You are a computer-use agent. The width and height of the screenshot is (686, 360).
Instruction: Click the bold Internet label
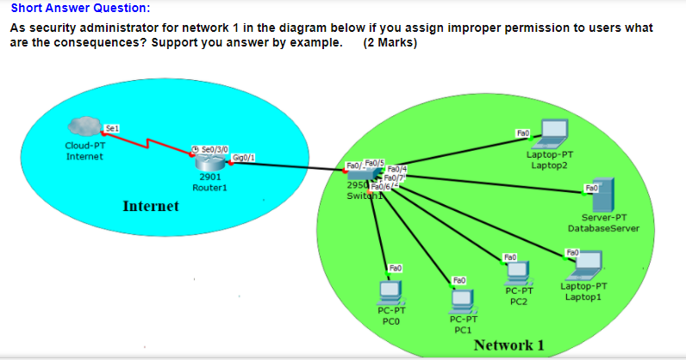151,207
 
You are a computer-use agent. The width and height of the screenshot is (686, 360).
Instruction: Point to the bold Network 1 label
509,345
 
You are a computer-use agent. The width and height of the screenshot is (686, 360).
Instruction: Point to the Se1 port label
110,128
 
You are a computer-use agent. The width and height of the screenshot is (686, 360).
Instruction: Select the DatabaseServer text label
604,228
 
